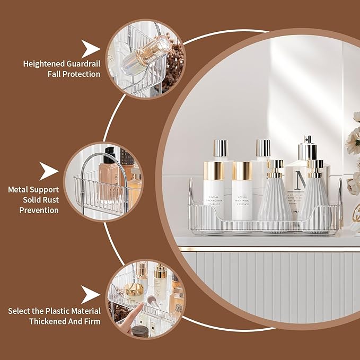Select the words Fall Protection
72,74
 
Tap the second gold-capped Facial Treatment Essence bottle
242,199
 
